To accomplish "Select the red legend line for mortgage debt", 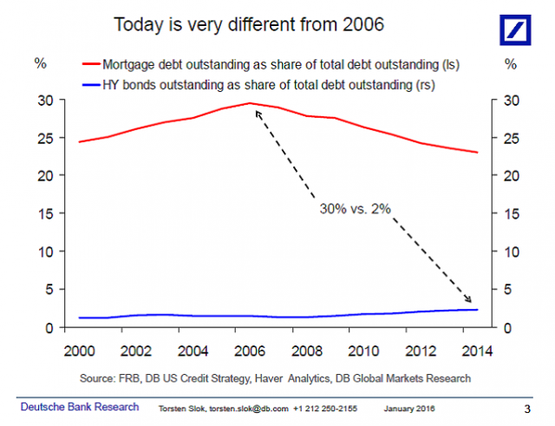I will tap(90, 64).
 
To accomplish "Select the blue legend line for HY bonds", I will tap(90, 85).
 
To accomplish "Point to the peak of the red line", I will tap(250, 103).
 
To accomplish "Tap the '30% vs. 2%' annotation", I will tap(356, 209).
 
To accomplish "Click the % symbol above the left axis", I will tap(41, 63).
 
